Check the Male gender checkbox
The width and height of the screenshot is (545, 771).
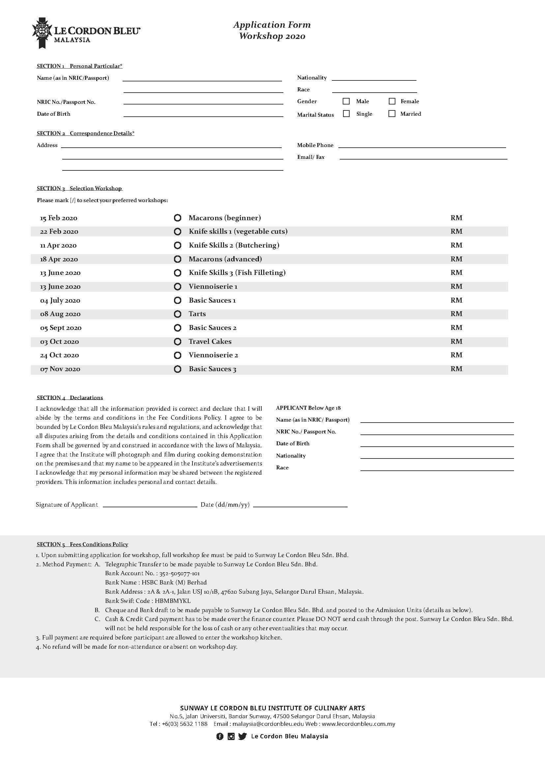(x=346, y=101)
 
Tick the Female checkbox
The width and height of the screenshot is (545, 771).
(x=392, y=101)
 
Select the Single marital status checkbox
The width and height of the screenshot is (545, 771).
(x=346, y=113)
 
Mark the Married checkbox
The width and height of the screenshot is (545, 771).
(x=392, y=113)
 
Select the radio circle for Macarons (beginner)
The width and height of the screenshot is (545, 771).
(x=178, y=218)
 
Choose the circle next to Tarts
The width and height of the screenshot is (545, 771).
(x=178, y=314)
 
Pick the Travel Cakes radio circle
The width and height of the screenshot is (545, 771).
(x=178, y=341)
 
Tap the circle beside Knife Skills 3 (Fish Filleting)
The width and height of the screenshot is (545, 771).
(x=178, y=273)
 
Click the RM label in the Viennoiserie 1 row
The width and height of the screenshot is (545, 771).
(x=456, y=286)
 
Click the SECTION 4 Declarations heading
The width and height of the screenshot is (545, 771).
(x=70, y=398)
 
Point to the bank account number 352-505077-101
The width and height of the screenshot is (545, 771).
(x=180, y=573)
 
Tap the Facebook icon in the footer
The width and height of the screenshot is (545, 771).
(x=219, y=736)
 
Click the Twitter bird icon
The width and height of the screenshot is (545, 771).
(x=242, y=736)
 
